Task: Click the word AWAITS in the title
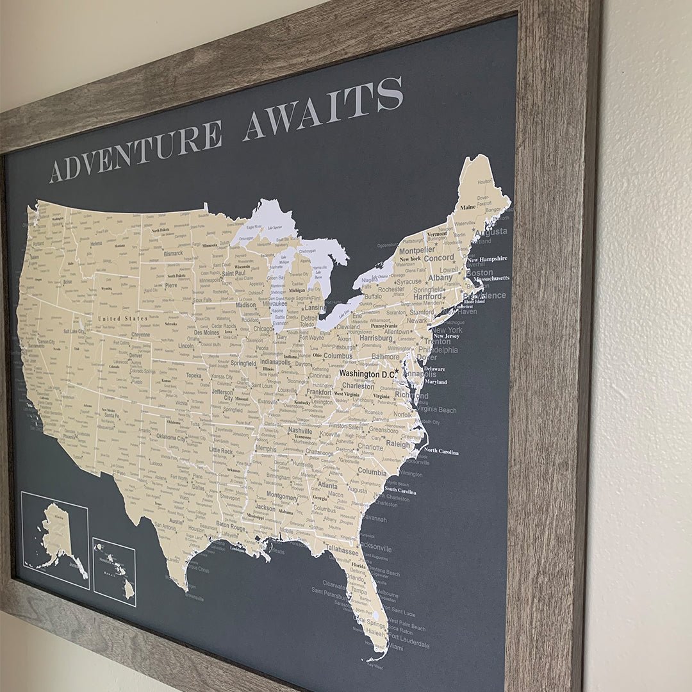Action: point(323,108)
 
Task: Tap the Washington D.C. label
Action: point(367,374)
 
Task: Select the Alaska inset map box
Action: point(54,538)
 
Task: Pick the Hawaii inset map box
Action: point(114,572)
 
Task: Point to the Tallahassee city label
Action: point(341,550)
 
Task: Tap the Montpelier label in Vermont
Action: point(416,251)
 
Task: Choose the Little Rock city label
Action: point(221,451)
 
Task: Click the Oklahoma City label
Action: point(171,438)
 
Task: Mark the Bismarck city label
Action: point(173,254)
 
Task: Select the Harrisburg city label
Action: point(375,338)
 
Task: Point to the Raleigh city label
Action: point(397,444)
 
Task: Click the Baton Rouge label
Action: point(231,524)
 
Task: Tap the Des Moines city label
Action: point(206,333)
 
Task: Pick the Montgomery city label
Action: point(281,497)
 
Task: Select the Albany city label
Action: point(440,278)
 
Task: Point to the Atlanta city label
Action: point(327,486)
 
